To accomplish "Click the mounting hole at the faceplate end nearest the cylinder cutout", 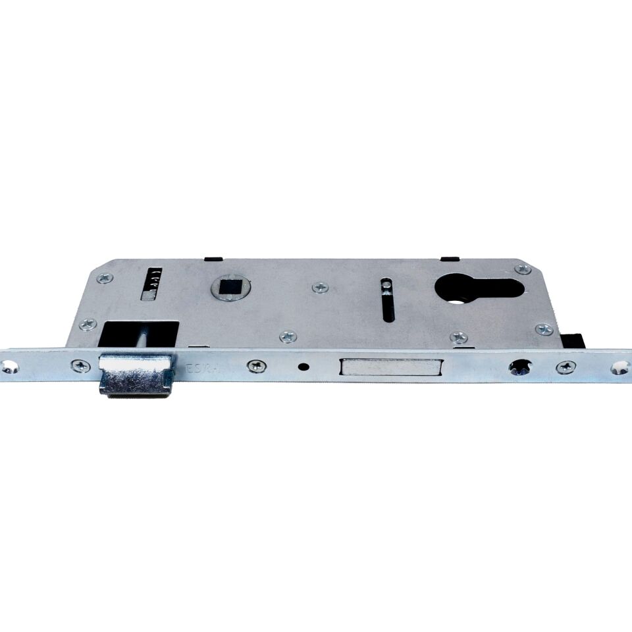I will click(x=620, y=367).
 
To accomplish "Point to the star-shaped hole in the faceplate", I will click(x=519, y=366).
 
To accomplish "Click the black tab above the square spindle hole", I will click(x=214, y=258).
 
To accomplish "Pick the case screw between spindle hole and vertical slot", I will click(x=321, y=287).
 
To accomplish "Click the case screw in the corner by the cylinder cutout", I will click(x=523, y=269).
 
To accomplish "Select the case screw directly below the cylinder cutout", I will click(x=459, y=337).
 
